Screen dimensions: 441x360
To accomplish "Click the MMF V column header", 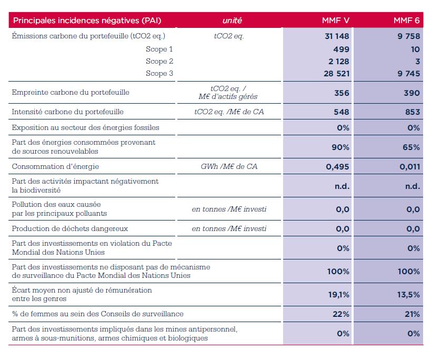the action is coord(336,20).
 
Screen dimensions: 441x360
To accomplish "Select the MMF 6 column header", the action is coord(406,20).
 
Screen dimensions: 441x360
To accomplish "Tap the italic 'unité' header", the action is coord(232,20).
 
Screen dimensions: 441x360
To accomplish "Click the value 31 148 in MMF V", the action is coord(337,36).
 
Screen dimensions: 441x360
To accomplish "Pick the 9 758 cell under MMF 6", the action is coord(409,36).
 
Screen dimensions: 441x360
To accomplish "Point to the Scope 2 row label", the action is coord(159,61).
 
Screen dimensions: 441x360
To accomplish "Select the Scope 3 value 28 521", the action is coord(336,74).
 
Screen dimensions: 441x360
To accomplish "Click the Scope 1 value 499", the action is coord(341,49).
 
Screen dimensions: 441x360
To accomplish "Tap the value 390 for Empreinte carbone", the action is coord(412,93).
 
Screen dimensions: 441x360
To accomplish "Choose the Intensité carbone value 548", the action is coord(342,112).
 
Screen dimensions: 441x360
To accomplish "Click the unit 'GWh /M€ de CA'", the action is coord(229,166).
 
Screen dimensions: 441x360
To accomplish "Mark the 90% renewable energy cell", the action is coord(340,147).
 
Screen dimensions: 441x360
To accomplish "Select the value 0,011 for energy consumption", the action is coord(410,167).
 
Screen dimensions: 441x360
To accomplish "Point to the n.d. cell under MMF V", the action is coord(342,186).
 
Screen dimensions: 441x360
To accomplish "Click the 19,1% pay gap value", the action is coord(338,295).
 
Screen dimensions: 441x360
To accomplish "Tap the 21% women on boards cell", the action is coord(412,314).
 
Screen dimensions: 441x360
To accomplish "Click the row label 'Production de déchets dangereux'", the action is coord(70,228).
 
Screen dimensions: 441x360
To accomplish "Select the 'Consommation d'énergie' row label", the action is coord(55,166).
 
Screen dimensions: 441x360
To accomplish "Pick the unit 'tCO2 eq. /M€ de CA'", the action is coord(229,112).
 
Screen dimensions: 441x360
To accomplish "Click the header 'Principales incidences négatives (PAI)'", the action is coord(87,21).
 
